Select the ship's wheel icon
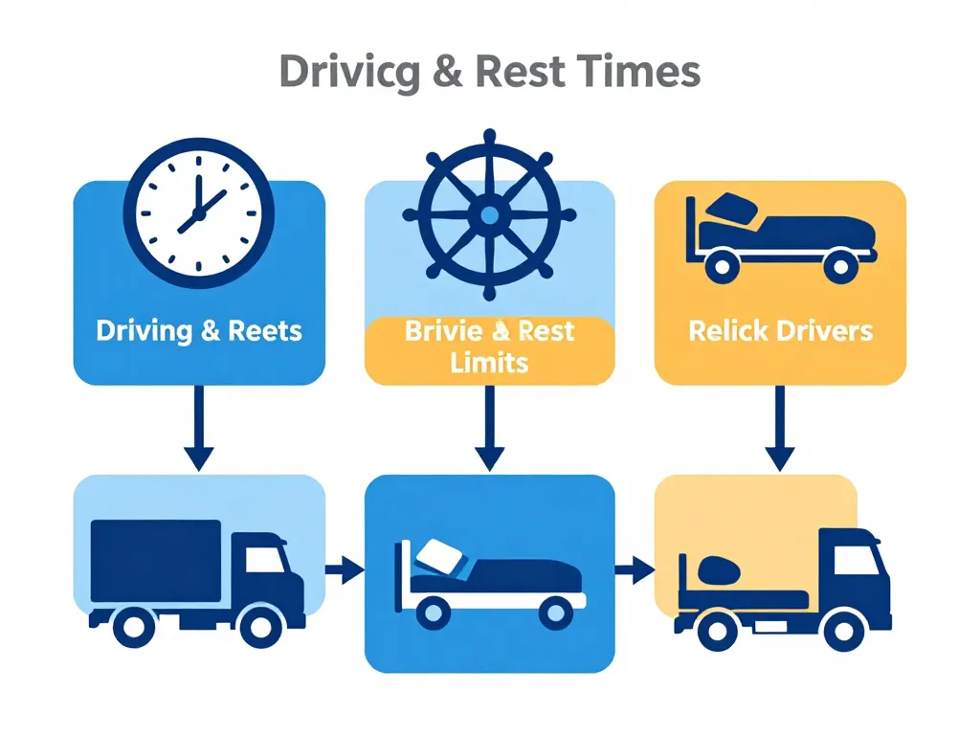click(x=489, y=213)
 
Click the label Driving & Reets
click(x=199, y=332)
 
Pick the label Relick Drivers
click(x=780, y=332)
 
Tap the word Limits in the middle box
click(x=490, y=363)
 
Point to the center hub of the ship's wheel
click(x=489, y=214)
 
